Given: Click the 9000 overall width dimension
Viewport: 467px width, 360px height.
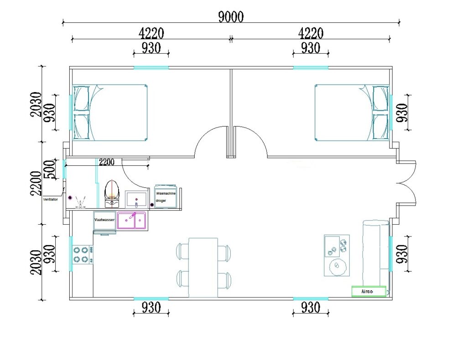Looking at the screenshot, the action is point(231,17).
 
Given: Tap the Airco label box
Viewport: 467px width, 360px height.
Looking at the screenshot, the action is point(368,291).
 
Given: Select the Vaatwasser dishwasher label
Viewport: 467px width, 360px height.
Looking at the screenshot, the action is point(104,220).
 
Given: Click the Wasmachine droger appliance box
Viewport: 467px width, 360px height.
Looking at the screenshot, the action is point(166,197).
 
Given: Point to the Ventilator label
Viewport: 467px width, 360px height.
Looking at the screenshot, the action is point(50,199).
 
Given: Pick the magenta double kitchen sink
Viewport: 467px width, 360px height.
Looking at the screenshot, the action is point(132,221).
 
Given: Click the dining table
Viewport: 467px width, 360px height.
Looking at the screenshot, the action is point(203,267).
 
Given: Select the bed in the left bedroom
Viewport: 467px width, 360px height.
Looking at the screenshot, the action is point(110,113).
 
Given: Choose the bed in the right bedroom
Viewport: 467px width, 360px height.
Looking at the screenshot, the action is point(352,113).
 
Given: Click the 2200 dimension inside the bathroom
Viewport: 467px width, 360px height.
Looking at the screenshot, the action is point(106,162).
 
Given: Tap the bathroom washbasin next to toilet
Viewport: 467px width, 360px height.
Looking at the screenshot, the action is point(136,199).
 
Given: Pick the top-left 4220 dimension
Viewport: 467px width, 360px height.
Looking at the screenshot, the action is point(151,33).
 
